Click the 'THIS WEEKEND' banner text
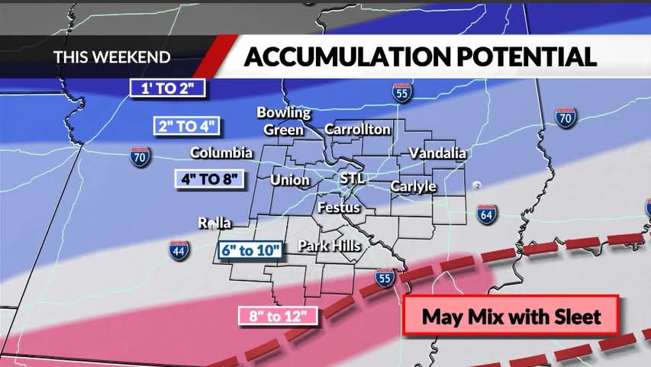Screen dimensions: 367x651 point(111,57)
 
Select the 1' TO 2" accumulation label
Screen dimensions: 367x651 point(169,88)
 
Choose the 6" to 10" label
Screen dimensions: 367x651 point(250,249)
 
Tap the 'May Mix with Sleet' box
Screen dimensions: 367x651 point(511,316)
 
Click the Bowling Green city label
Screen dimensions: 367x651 point(283,121)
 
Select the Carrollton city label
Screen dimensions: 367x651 point(357,130)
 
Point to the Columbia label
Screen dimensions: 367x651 point(221,153)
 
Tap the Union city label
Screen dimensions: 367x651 point(290,181)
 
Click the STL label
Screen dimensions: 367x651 point(353,179)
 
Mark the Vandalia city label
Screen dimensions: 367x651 point(437,153)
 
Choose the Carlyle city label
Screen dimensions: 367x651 point(413,186)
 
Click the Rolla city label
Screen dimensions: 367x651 point(214,224)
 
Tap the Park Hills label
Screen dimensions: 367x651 point(329,246)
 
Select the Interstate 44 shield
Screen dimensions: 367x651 point(179,250)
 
